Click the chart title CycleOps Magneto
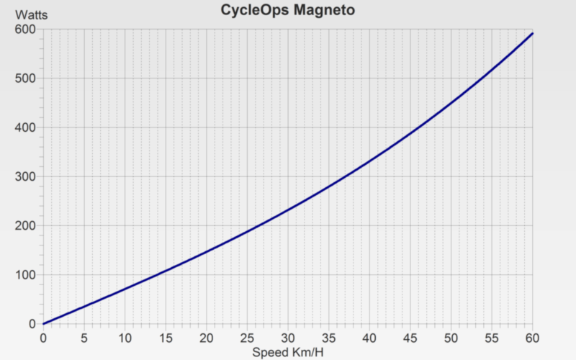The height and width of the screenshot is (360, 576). click(288, 10)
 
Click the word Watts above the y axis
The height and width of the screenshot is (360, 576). click(30, 14)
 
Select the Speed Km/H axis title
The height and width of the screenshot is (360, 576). click(288, 352)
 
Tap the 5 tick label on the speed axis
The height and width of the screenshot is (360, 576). click(84, 338)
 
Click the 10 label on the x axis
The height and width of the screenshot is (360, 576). click(125, 338)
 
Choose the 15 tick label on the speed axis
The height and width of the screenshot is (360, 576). click(166, 338)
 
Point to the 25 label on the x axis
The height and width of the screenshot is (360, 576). click(247, 338)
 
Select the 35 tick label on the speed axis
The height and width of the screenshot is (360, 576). click(329, 338)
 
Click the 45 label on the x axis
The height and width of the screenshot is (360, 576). click(410, 338)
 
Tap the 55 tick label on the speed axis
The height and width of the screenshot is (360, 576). click(492, 338)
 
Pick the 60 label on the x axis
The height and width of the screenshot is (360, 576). click(533, 338)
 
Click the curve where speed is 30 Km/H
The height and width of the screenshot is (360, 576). click(288, 210)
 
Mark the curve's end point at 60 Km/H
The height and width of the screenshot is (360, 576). click(533, 33)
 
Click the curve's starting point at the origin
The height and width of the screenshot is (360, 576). click(43, 323)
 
